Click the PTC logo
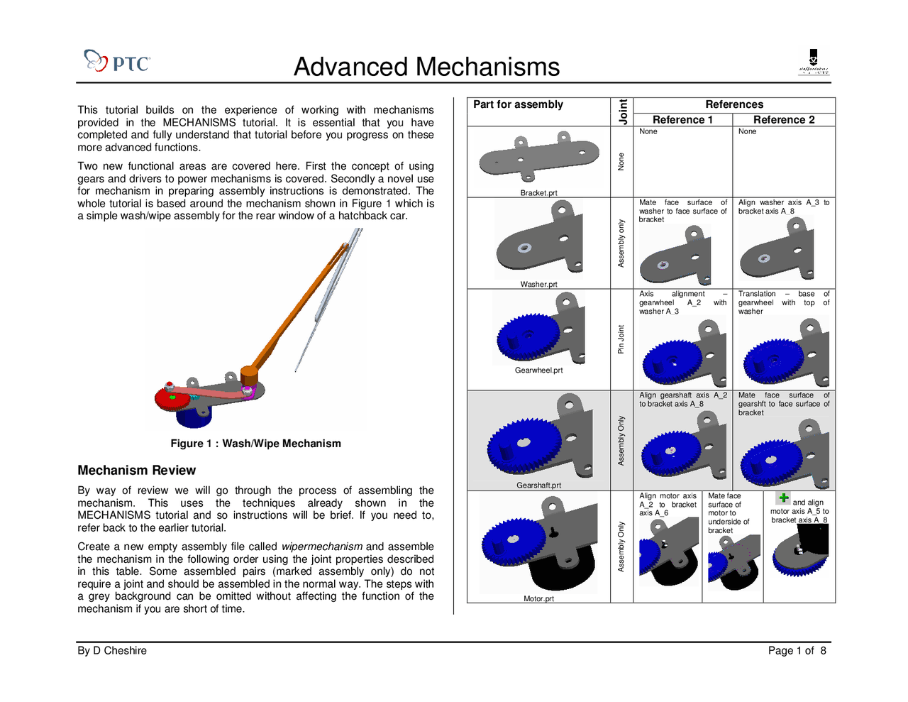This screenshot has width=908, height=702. (x=117, y=62)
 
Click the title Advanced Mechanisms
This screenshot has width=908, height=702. (x=426, y=67)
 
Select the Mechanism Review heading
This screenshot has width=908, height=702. (x=136, y=470)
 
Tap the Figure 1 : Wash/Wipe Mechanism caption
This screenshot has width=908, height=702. (x=255, y=444)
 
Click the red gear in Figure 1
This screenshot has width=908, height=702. (x=171, y=398)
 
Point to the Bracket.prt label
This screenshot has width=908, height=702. (x=538, y=193)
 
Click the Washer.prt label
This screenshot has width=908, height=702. (x=538, y=285)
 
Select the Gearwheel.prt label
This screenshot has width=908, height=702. (x=538, y=371)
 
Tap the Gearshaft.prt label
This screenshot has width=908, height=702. (x=538, y=486)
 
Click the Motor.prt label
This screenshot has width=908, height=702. (x=538, y=599)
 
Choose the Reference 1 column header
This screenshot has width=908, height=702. (x=682, y=120)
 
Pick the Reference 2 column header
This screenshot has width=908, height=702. (x=784, y=120)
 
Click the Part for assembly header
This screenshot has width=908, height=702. (x=518, y=104)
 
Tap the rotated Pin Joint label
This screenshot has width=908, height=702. (x=621, y=339)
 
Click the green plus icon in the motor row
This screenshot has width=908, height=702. (x=783, y=498)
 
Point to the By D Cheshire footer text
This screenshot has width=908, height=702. (x=112, y=651)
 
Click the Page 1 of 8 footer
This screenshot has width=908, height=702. (x=797, y=651)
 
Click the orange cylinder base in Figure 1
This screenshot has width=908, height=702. (x=249, y=375)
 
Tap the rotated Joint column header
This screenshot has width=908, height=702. (x=623, y=112)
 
